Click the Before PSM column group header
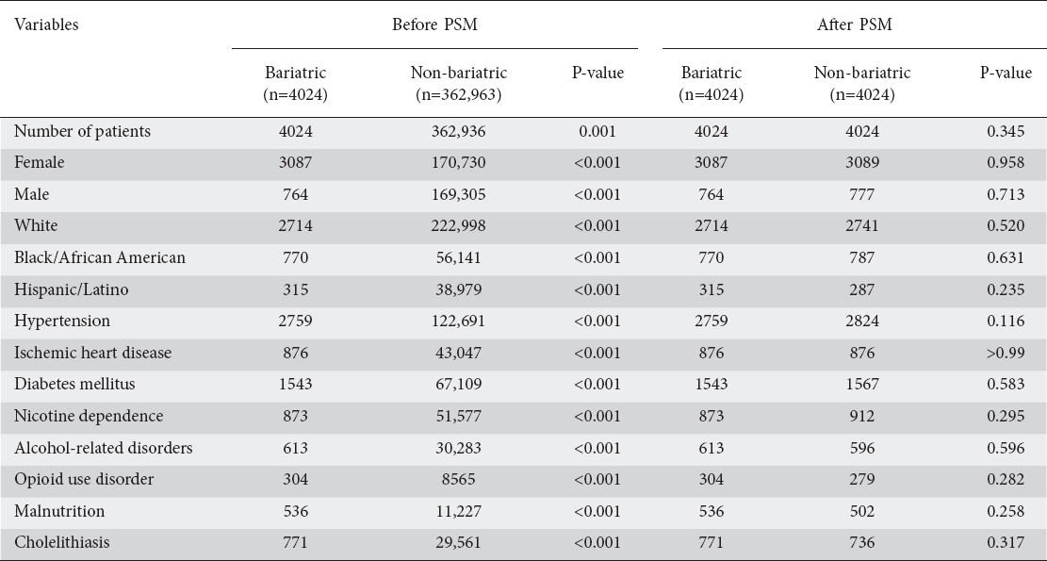(x=434, y=25)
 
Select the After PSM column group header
(x=855, y=25)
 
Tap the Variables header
(x=46, y=25)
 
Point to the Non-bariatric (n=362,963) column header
(x=458, y=84)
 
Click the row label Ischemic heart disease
(x=92, y=353)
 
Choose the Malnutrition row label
(x=59, y=511)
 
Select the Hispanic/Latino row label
(x=72, y=289)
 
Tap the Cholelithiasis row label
(x=61, y=542)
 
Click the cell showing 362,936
(x=458, y=132)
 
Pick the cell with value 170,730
(x=458, y=163)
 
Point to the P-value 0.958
(x=1006, y=163)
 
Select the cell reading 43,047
(x=458, y=353)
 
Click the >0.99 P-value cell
(x=1006, y=353)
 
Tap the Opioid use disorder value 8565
(x=458, y=480)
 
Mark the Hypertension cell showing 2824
(x=862, y=322)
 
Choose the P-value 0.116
(x=1006, y=322)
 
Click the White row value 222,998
(x=458, y=225)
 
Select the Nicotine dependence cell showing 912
(x=862, y=416)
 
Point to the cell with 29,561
(x=458, y=542)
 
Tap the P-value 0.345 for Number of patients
(x=1006, y=132)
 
